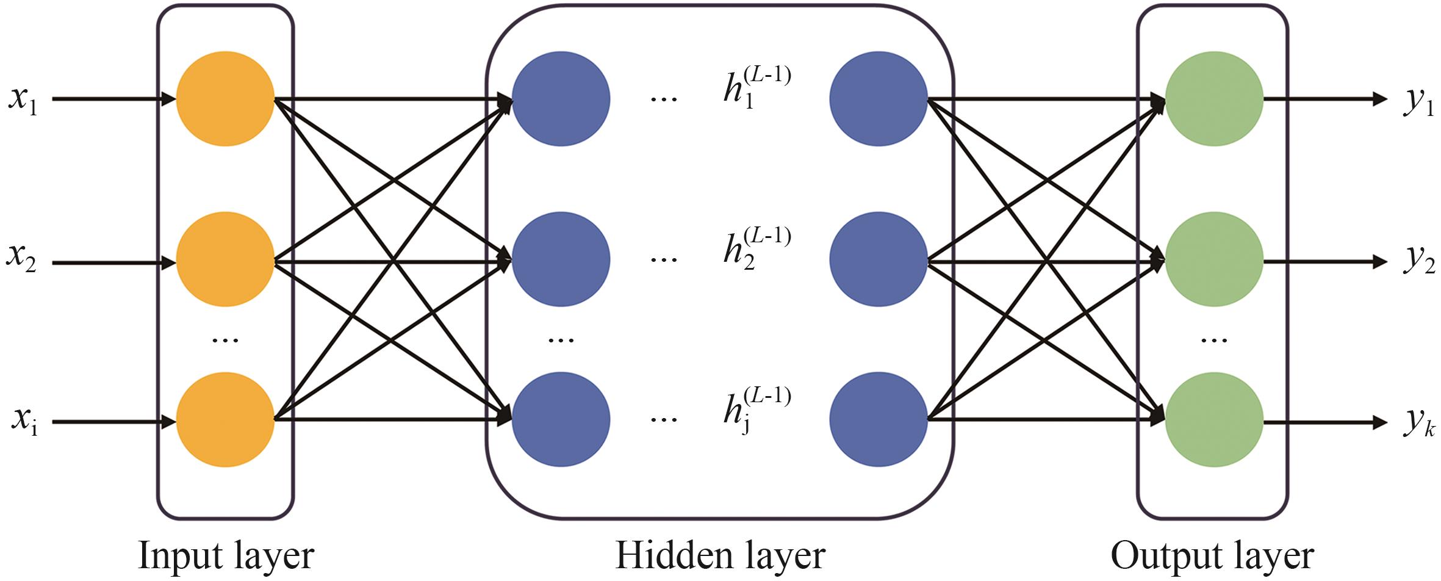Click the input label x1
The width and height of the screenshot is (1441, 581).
23,99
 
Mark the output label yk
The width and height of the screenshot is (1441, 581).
1419,422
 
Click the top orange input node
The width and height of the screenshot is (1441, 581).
225,99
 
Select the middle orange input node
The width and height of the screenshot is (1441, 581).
225,259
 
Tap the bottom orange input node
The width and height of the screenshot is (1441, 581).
225,420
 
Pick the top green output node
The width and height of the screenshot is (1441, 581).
1214,99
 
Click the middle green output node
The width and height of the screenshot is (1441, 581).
1214,259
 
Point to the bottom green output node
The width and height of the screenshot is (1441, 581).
1214,420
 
